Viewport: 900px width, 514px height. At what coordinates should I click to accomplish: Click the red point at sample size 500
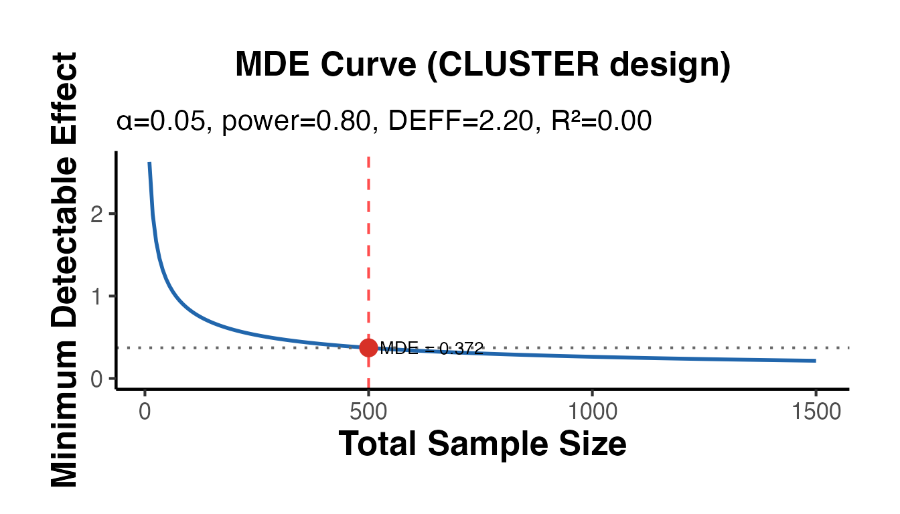pos(368,347)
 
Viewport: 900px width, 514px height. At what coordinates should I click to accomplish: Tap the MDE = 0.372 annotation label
pos(431,348)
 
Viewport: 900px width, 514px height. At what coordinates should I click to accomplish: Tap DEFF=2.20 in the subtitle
pos(456,122)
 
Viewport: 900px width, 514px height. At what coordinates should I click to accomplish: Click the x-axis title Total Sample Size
pos(482,444)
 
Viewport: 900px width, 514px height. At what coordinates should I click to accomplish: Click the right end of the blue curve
pos(814,361)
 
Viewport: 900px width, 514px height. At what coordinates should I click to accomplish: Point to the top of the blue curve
pos(149,163)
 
